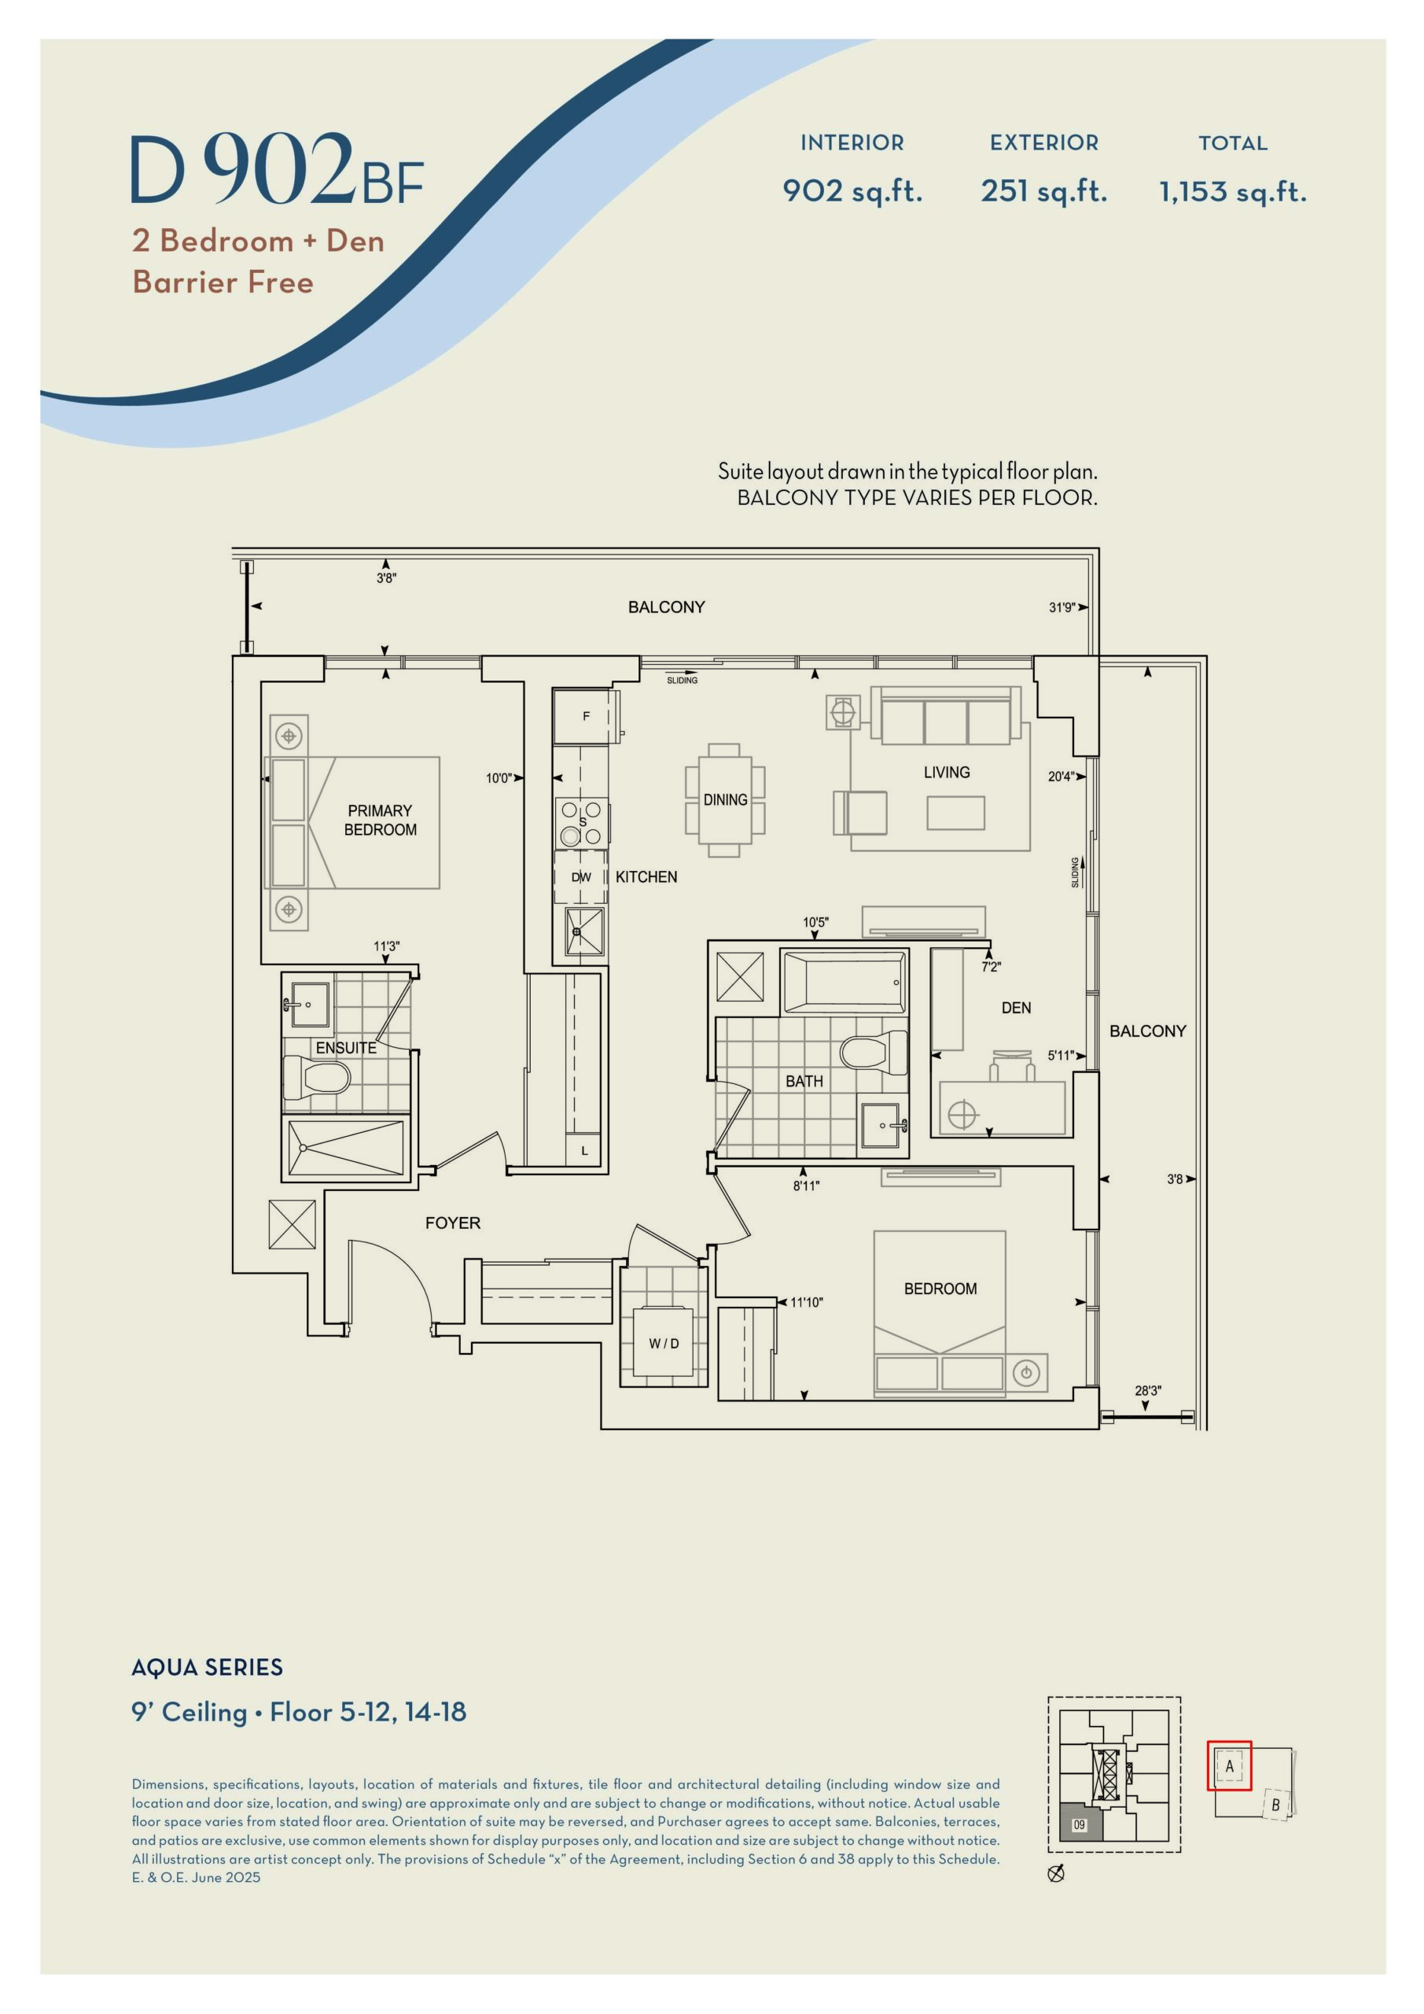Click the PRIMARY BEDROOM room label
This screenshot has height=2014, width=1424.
pyautogui.click(x=380, y=821)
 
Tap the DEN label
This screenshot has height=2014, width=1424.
pyautogui.click(x=1016, y=1008)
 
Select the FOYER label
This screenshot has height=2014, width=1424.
pyautogui.click(x=452, y=1223)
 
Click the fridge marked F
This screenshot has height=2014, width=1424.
pyautogui.click(x=586, y=717)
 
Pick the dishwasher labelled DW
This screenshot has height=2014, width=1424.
pyautogui.click(x=580, y=876)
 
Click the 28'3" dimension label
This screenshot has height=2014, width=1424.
pyautogui.click(x=1148, y=1390)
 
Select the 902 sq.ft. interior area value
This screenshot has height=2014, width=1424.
pyautogui.click(x=852, y=191)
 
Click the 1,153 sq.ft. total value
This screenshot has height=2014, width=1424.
pyautogui.click(x=1233, y=191)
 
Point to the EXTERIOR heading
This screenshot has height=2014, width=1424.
pyautogui.click(x=1043, y=143)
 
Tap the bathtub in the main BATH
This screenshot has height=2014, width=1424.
pyautogui.click(x=844, y=983)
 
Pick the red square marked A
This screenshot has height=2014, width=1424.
pyautogui.click(x=1229, y=1765)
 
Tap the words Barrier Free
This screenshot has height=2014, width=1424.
pyautogui.click(x=223, y=282)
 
